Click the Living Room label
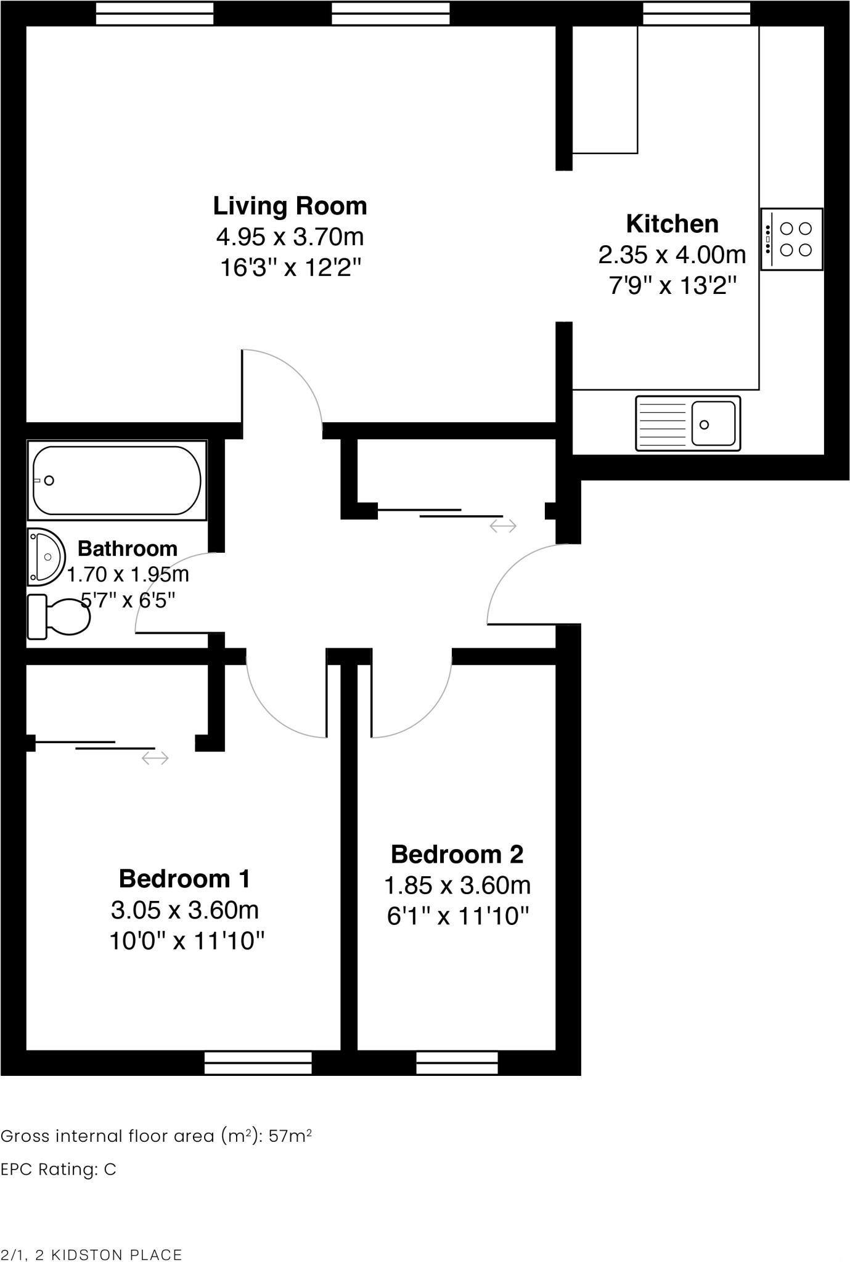pos(290,206)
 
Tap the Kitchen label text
pos(672,224)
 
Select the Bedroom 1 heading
pos(184,879)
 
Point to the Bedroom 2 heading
pos(457,855)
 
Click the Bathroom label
pos(128,548)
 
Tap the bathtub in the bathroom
pos(117,481)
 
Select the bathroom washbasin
pos(46,556)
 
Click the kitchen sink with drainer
pos(688,424)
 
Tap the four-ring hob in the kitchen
pos(792,239)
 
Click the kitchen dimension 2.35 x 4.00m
pos(672,254)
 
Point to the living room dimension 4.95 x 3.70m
pos(290,237)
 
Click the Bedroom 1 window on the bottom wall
pos(258,1063)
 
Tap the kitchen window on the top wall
pos(697,14)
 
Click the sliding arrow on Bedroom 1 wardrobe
pos(155,758)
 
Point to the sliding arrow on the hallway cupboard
pos(503,526)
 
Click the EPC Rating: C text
pos(59,1170)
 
